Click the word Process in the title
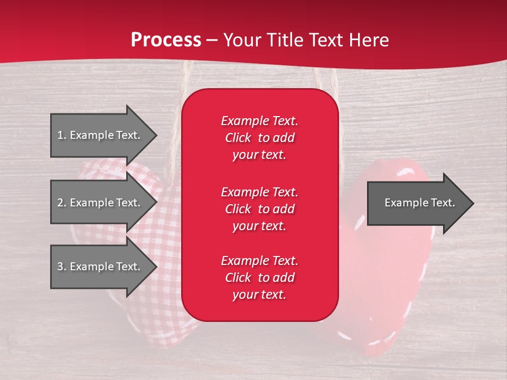pos(166,40)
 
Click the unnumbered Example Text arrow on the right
pos(419,203)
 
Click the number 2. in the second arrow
pos(62,203)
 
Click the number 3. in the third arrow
pos(62,267)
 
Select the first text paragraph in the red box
pos(259,138)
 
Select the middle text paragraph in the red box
pos(259,209)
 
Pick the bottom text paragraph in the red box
pos(259,278)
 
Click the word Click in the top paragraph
pos(238,138)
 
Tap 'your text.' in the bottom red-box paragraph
pos(259,295)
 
